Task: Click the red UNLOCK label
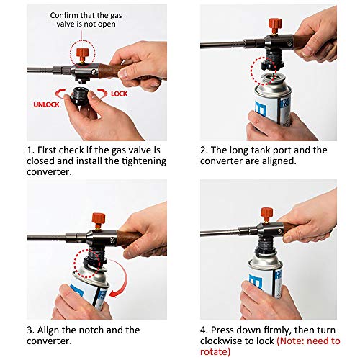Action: (45, 104)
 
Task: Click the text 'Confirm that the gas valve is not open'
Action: (86, 19)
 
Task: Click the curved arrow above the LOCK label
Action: (104, 93)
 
